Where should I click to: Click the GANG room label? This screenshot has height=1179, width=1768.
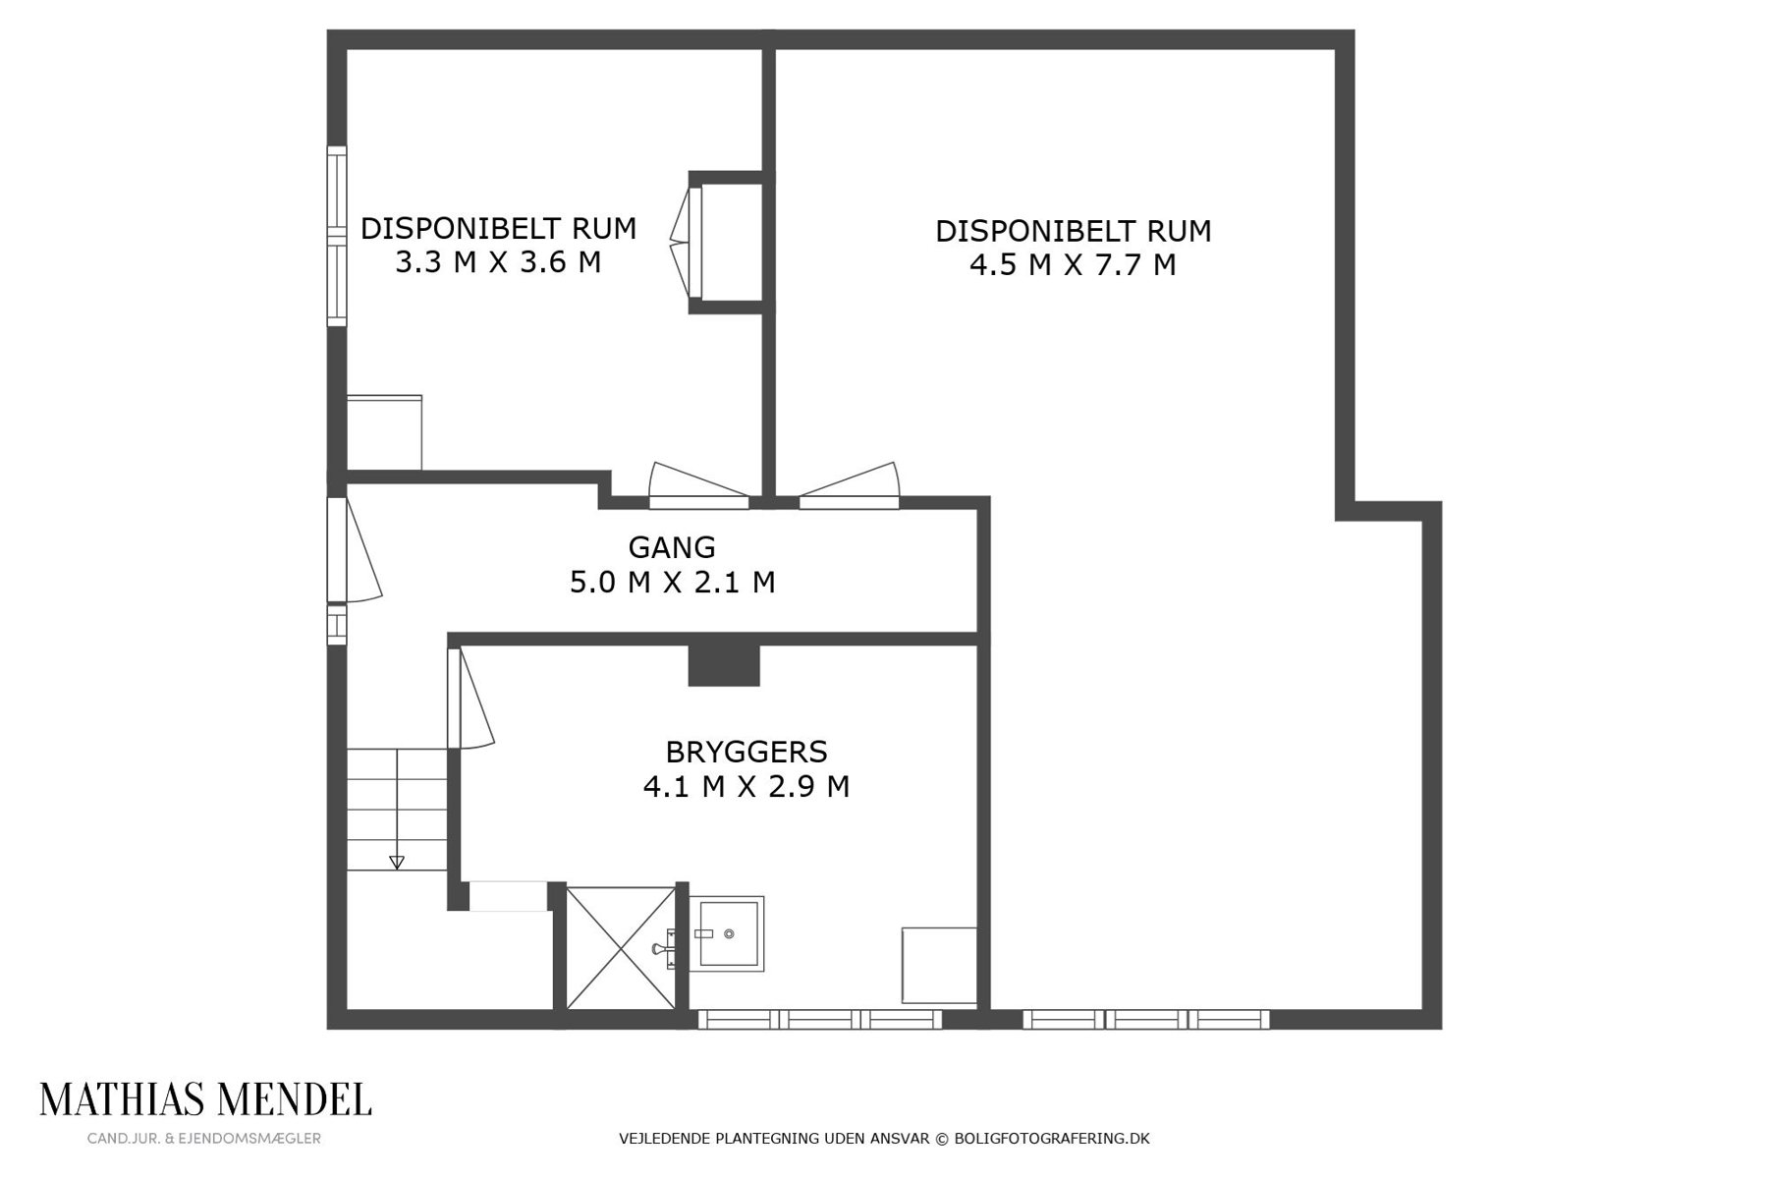(x=672, y=547)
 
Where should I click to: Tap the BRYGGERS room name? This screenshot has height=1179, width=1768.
(x=746, y=753)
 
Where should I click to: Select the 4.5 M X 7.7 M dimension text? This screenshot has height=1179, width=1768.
(x=1073, y=265)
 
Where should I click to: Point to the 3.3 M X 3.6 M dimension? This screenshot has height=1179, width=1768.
(x=498, y=263)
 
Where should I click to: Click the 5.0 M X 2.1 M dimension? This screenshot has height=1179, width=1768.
(x=673, y=583)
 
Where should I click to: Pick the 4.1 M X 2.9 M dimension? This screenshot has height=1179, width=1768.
(x=746, y=787)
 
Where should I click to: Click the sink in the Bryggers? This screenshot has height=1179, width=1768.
(x=726, y=933)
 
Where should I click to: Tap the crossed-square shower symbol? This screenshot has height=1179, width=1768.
(x=622, y=947)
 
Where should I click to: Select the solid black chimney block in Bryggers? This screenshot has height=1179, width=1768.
(x=724, y=665)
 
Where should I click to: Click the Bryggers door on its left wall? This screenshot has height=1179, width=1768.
(x=470, y=698)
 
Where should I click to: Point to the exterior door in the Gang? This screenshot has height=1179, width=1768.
(x=353, y=549)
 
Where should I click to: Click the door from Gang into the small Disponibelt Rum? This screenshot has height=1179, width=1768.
(x=699, y=486)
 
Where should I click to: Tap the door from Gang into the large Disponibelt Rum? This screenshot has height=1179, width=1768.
(x=850, y=486)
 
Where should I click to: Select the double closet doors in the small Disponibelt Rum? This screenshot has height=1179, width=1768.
(x=687, y=242)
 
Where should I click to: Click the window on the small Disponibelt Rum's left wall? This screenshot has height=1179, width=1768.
(x=337, y=236)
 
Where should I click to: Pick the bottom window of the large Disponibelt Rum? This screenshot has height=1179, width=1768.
(x=1146, y=1020)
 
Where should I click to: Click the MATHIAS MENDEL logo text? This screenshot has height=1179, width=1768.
(x=205, y=1099)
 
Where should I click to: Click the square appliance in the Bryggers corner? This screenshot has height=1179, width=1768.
(x=939, y=966)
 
